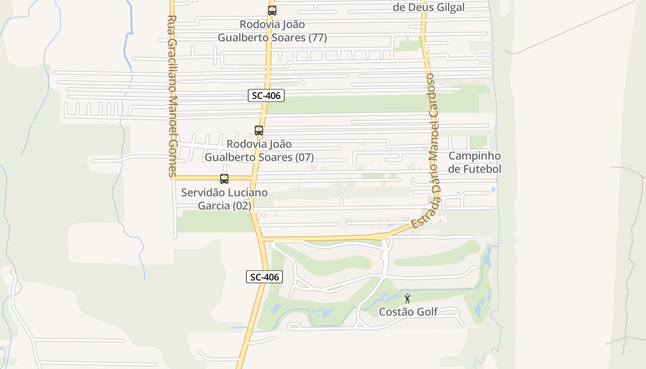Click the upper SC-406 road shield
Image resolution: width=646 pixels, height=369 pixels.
(x=266, y=96)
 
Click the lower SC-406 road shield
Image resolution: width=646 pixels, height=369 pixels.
(x=264, y=277)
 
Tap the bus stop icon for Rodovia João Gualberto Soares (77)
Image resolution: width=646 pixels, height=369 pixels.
(x=272, y=11)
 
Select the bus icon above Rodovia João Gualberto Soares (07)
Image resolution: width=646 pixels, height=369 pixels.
(x=259, y=131)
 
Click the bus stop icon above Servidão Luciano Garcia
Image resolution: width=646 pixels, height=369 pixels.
(x=224, y=179)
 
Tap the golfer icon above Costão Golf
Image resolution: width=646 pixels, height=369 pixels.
(x=407, y=298)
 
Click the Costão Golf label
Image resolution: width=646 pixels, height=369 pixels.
(x=408, y=312)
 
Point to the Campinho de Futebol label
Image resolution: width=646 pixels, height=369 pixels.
(x=474, y=162)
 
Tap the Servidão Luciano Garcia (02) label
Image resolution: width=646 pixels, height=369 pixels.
(x=224, y=199)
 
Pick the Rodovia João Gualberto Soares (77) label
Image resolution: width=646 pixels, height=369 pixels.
(x=272, y=31)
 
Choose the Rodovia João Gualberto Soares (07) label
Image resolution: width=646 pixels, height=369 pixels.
(x=259, y=151)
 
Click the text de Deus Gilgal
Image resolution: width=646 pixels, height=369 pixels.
(x=429, y=7)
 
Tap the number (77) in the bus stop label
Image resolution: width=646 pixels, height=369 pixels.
(x=317, y=38)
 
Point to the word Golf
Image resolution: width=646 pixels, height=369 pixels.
(x=427, y=312)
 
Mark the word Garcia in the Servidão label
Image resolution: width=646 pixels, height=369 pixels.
(x=214, y=206)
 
